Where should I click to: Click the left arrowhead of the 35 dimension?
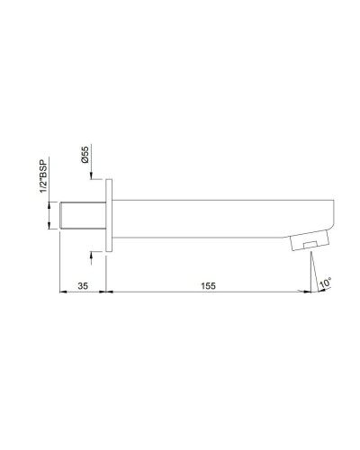(x=62, y=292)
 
